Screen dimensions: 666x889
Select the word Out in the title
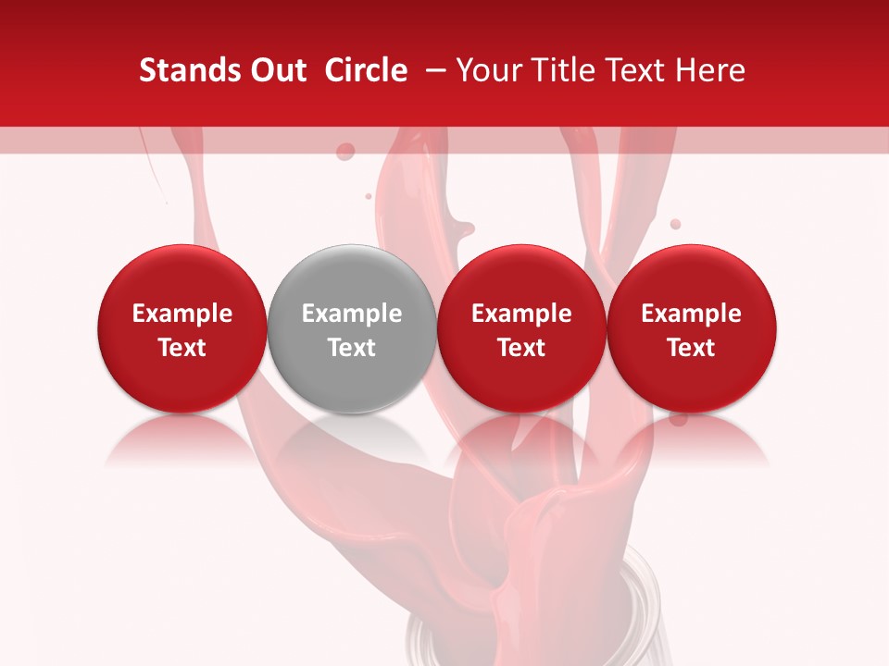click(x=275, y=70)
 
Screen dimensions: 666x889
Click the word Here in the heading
click(x=709, y=70)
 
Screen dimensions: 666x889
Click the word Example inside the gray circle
click(x=352, y=314)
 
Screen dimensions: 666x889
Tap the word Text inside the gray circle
click(x=352, y=348)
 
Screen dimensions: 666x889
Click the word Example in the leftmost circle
click(x=182, y=314)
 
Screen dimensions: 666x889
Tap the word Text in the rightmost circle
click(x=692, y=348)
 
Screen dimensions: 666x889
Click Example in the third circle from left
click(x=521, y=314)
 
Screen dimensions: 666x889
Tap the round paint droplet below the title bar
click(x=344, y=151)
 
